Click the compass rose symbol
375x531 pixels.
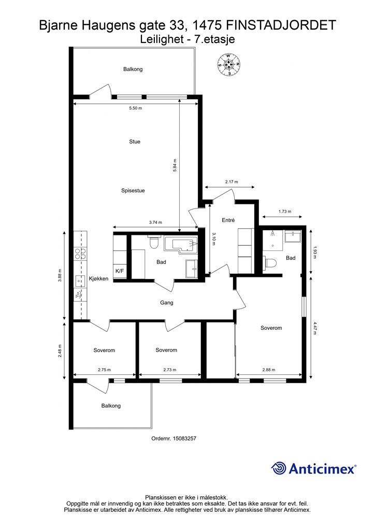coord(229,64)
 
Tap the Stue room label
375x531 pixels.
coord(135,142)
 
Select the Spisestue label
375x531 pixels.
coord(133,191)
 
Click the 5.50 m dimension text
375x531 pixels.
coord(135,108)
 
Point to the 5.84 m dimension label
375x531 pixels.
coord(175,165)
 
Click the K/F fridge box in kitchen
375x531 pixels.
coord(120,271)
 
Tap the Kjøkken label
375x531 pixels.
coord(99,278)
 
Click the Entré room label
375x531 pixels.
coord(228,220)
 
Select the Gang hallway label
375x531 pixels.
coord(167,303)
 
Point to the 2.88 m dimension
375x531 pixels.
coord(269,370)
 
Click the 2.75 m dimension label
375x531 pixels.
coord(104,370)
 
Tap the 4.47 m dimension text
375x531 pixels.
coord(315,328)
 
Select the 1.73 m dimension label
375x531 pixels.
coord(285,212)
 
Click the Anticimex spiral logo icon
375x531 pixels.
coord(279,468)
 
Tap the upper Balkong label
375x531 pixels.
coord(133,69)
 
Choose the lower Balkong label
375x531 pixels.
coord(111,406)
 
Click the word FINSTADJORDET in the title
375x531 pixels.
coord(281,25)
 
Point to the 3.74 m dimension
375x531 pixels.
coord(155,222)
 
